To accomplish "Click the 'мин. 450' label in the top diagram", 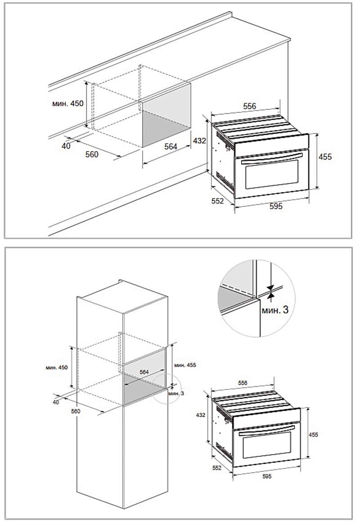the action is (67, 103).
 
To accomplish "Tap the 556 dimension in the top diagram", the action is (250, 106).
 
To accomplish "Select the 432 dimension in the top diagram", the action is (199, 140).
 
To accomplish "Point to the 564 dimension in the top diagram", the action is (171, 147).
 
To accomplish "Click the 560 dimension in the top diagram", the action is (92, 154).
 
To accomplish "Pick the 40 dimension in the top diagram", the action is (66, 146).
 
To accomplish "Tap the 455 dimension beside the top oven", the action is (325, 157).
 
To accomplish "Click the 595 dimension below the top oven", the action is (276, 206).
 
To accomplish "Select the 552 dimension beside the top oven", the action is (218, 201).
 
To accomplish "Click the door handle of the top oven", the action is (272, 158).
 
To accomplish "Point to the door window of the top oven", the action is (272, 175).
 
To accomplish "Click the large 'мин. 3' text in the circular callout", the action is (275, 309).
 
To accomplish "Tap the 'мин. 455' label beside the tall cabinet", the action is (185, 365).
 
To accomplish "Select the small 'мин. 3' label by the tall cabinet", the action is (176, 393).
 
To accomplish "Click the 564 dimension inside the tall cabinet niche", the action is (144, 372).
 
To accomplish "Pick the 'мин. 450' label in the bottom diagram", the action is (57, 367).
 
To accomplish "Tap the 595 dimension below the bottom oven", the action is (267, 476).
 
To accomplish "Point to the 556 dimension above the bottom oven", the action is (243, 383).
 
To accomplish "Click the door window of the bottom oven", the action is (267, 444).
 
